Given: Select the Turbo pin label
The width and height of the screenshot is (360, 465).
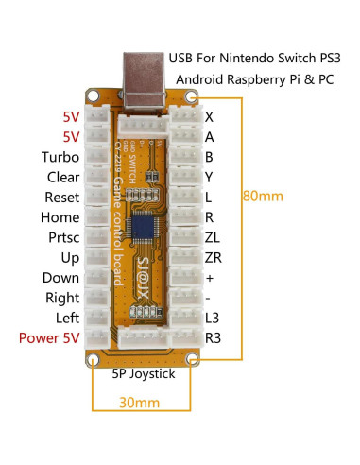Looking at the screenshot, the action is [60, 157].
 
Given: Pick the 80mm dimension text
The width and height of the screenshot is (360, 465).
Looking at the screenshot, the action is [288, 198].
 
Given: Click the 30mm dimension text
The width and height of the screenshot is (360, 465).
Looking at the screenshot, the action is [140, 401].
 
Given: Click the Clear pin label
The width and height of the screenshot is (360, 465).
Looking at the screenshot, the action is [61, 177].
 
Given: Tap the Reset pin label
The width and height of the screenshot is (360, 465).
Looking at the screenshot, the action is [61, 198].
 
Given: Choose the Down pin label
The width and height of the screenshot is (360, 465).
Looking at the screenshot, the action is [60, 278].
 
